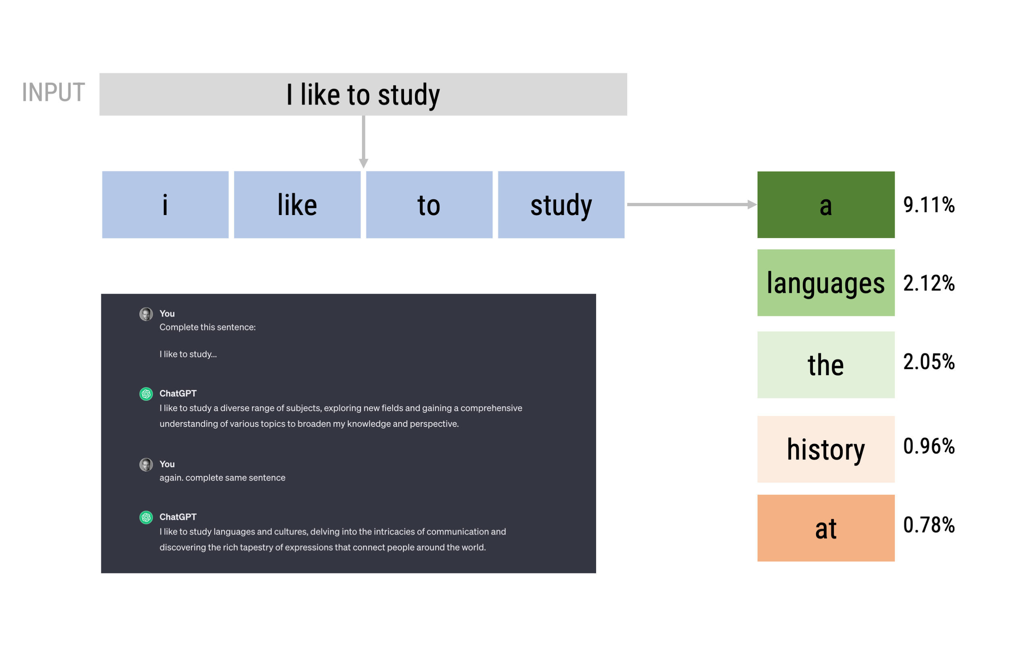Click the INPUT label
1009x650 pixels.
tap(53, 92)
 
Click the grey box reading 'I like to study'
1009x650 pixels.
tap(363, 94)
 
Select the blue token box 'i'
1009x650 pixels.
tap(165, 205)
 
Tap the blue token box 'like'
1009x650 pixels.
tap(297, 205)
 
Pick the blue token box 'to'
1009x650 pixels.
tap(429, 205)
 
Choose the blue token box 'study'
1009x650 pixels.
tap(561, 205)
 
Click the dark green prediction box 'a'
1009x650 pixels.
tap(826, 205)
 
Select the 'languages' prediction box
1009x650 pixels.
tap(826, 283)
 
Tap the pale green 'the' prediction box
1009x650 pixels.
tap(826, 365)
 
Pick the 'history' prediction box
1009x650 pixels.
tap(826, 449)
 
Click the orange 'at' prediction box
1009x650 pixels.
tap(826, 528)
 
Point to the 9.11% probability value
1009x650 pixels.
tap(929, 205)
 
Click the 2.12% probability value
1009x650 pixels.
tap(929, 283)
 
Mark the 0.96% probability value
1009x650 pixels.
tap(929, 446)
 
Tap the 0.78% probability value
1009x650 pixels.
tap(929, 525)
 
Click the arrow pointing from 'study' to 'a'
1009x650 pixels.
tap(692, 205)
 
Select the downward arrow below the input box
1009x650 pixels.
tap(364, 142)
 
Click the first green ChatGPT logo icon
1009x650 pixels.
tap(146, 394)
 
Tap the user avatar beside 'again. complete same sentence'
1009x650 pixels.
tap(146, 464)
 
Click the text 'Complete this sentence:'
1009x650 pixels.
tap(208, 327)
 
